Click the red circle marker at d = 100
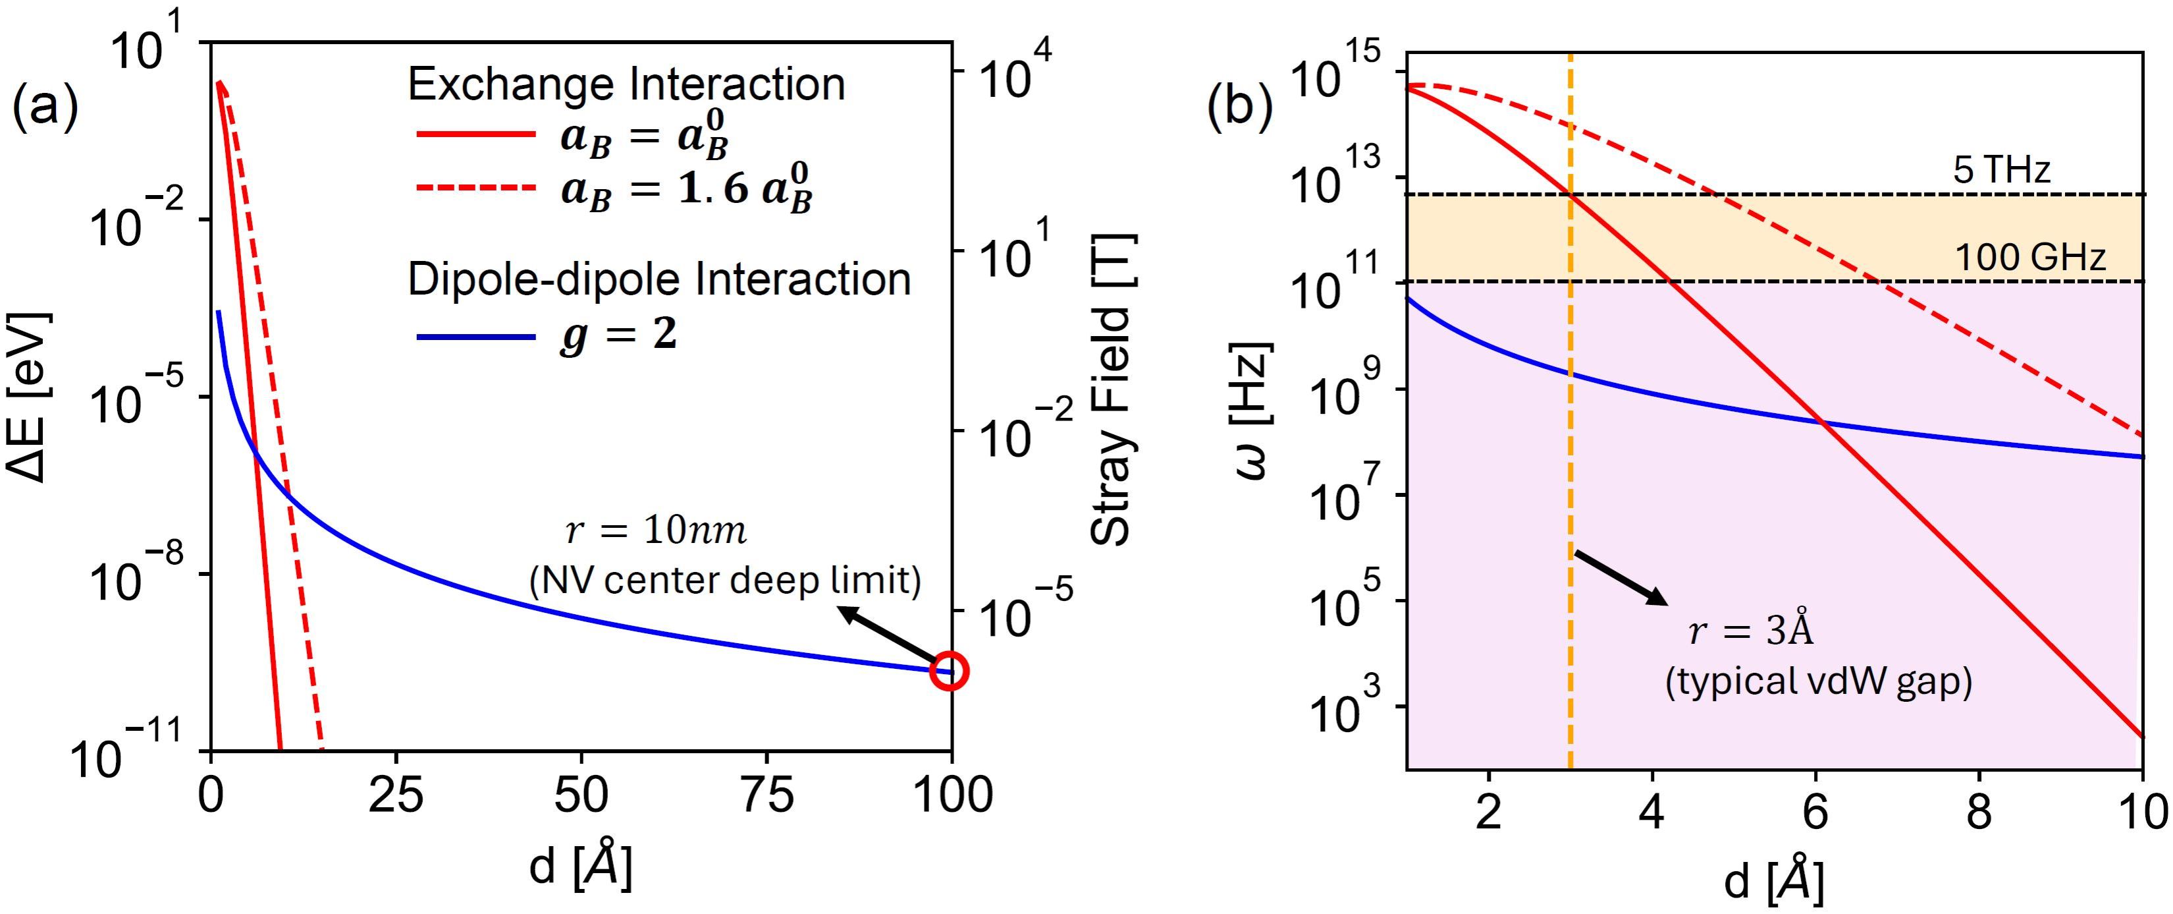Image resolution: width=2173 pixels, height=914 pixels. [950, 671]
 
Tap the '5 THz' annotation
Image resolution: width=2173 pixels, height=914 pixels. [2001, 171]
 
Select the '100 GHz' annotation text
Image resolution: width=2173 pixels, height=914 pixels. [2029, 256]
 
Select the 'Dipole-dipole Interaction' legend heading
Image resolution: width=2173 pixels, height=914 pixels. [659, 279]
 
